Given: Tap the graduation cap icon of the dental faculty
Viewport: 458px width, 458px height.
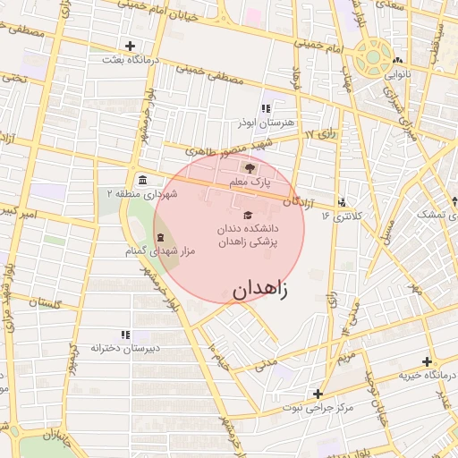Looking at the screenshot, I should point(248,215).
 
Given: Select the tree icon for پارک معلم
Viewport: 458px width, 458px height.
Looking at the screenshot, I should point(250,167).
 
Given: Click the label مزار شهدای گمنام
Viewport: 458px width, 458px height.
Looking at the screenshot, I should point(160,251).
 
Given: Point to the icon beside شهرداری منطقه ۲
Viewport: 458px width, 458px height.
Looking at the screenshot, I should point(143,181).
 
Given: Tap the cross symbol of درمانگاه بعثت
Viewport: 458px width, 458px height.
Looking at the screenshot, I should point(131,46).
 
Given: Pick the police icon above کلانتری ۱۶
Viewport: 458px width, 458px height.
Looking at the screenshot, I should point(341,203).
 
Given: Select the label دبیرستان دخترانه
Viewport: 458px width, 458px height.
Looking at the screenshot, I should point(125,347).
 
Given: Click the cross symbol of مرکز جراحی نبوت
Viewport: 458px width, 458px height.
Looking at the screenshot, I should point(318,394).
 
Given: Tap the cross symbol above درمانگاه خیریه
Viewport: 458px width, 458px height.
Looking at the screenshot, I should point(427,360).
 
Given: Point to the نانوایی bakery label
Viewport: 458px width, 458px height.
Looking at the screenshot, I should point(397,75).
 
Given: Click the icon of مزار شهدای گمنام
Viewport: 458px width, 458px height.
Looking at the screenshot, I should point(160,237).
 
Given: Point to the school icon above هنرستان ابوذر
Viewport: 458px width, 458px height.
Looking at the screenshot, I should point(266,108).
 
